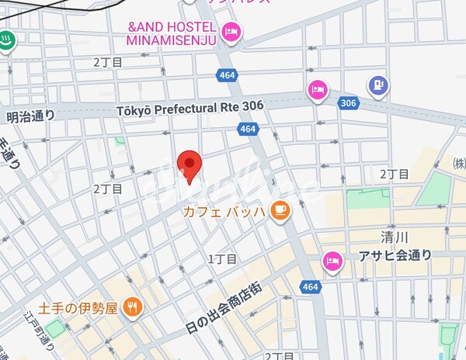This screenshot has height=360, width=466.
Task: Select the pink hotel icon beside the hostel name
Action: point(231,33)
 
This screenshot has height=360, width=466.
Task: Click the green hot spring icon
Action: point(6,40)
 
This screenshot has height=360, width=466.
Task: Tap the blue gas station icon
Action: point(378,86)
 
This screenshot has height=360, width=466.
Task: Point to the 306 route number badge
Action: point(348,102)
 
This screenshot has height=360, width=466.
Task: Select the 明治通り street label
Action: point(31,116)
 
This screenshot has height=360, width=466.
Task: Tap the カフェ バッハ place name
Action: point(224,209)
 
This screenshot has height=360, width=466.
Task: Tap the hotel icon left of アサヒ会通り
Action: point(333,261)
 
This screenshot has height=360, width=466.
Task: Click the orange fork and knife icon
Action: point(133,307)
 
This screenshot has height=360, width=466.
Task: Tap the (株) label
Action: point(459,164)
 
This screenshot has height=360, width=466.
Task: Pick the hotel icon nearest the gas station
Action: point(317,90)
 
